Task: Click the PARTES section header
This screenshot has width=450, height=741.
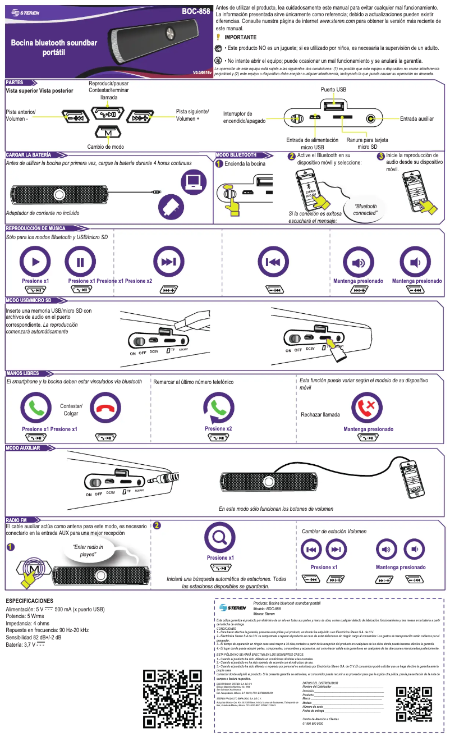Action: pos(15,83)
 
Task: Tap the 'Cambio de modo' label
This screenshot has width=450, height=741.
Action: pos(105,147)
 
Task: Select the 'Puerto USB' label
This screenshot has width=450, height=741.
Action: pos(333,90)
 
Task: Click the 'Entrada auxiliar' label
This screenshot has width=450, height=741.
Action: pos(417,119)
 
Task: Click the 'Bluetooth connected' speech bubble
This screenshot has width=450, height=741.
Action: pos(365,210)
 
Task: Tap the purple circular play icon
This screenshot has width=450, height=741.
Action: pos(35,262)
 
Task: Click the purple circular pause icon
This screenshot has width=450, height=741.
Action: pos(80,262)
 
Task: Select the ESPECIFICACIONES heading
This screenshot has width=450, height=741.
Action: pos(29,601)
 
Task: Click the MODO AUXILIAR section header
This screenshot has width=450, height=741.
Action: pos(24,448)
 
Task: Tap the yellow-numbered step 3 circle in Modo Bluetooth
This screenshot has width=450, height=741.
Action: pos(381,156)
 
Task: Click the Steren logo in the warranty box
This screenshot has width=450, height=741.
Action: pos(233,607)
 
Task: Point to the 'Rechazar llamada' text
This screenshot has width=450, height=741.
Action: pos(320,415)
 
